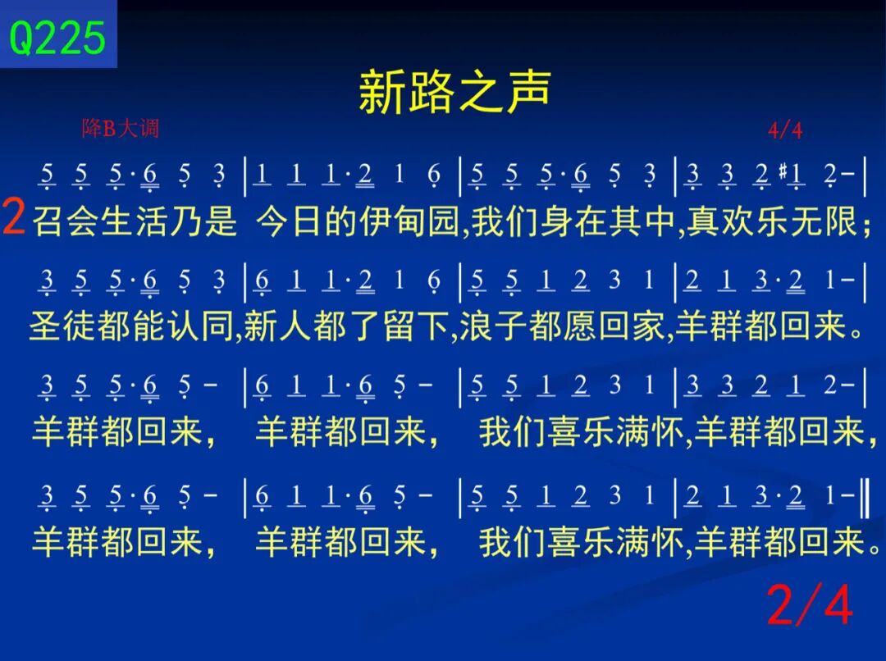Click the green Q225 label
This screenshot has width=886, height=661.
[57, 38]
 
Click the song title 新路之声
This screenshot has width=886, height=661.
[454, 92]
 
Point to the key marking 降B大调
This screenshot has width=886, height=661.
[121, 128]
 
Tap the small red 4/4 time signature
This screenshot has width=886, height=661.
[785, 130]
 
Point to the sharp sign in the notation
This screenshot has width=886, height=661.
[783, 170]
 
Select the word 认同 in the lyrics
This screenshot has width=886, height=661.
[200, 326]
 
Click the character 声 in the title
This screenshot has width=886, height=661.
[528, 92]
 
